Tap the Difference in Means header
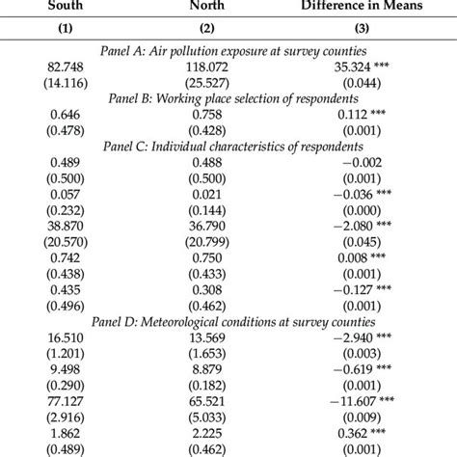pyautogui.click(x=373, y=5)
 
